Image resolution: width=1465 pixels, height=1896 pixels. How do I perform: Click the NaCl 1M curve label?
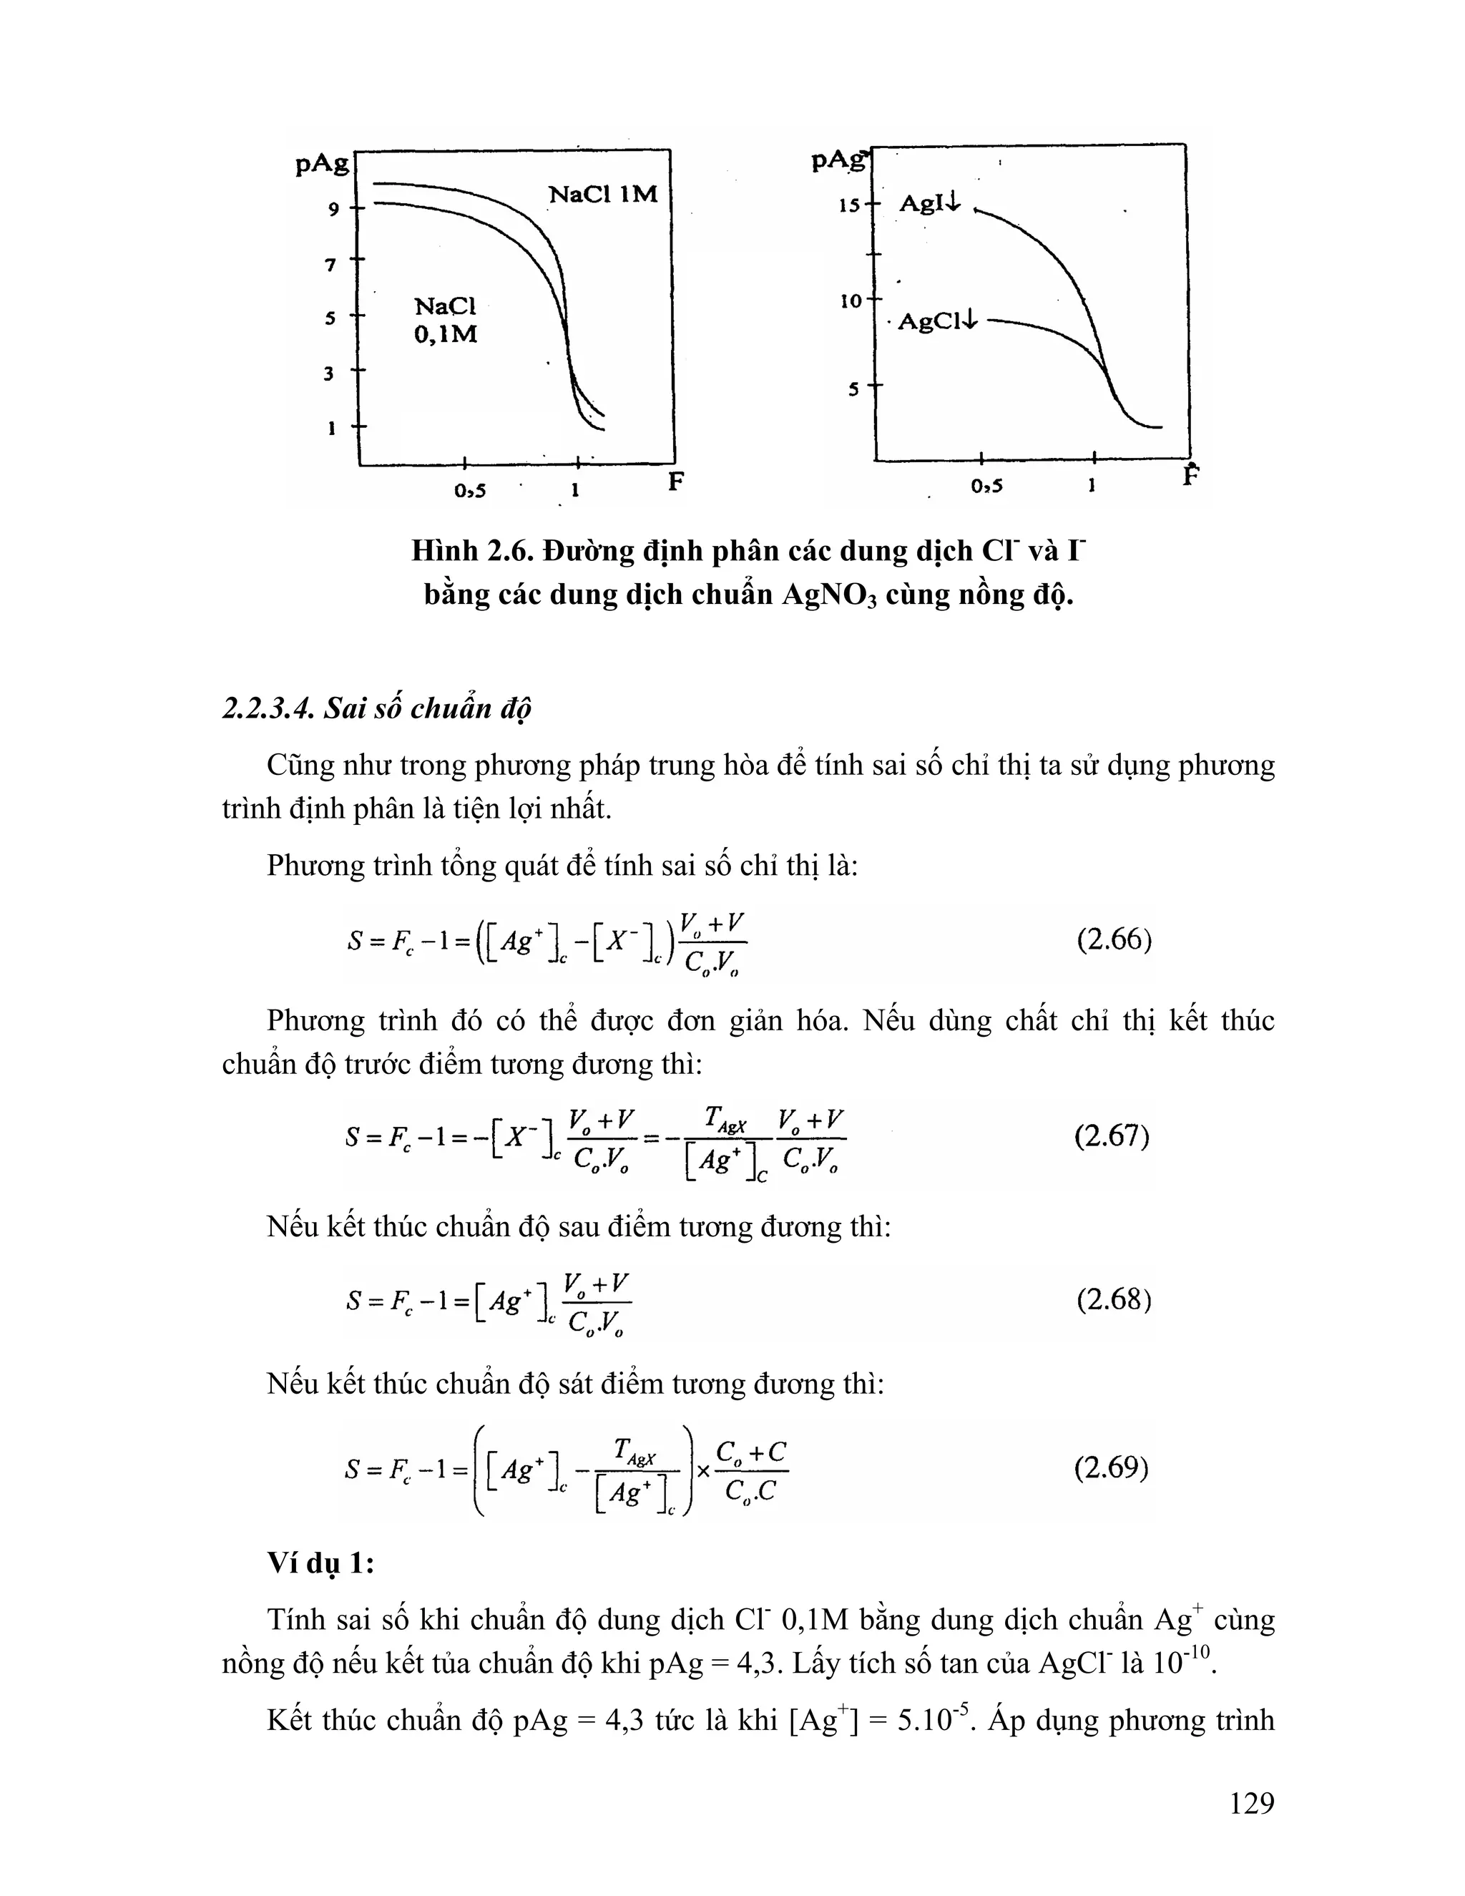tap(602, 194)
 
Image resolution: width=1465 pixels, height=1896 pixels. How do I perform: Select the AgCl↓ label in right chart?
tap(937, 321)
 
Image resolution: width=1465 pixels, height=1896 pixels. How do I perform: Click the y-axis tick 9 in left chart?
tap(333, 209)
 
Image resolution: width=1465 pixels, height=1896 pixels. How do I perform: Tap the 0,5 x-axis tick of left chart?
tap(469, 491)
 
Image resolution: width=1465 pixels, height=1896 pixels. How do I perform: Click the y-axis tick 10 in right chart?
tap(849, 301)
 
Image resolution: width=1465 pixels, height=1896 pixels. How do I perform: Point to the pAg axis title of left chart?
tap(322, 163)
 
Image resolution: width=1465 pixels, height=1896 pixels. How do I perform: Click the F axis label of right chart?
tap(1192, 476)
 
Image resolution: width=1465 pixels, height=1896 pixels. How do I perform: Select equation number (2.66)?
tap(1114, 940)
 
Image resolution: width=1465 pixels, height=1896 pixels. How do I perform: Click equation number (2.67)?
tap(1112, 1136)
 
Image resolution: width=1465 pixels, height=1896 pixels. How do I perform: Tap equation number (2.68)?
tap(1114, 1299)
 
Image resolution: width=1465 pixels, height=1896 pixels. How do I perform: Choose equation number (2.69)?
tap(1111, 1468)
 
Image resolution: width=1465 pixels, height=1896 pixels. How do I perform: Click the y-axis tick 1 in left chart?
tap(330, 428)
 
